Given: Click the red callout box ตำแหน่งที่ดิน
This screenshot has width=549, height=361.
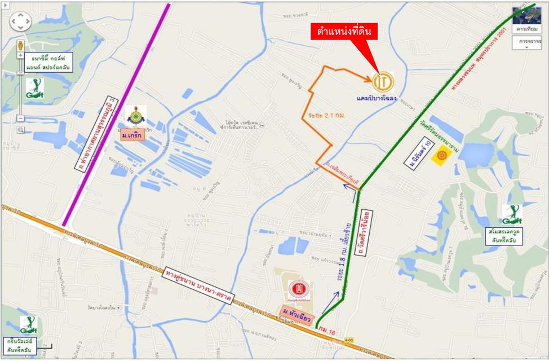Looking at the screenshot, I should pyautogui.click(x=344, y=32).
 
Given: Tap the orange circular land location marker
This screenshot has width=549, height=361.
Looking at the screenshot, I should pyautogui.click(x=383, y=82).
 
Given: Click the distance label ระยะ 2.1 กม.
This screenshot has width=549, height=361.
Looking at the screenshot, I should pyautogui.click(x=326, y=115).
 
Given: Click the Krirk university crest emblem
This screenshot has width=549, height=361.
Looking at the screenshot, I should pyautogui.click(x=135, y=117).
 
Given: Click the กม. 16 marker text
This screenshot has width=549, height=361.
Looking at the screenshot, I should pyautogui.click(x=327, y=329).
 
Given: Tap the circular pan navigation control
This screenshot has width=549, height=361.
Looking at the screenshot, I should pyautogui.click(x=21, y=21).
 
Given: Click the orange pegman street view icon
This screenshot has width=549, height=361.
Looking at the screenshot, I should pyautogui.click(x=21, y=45).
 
